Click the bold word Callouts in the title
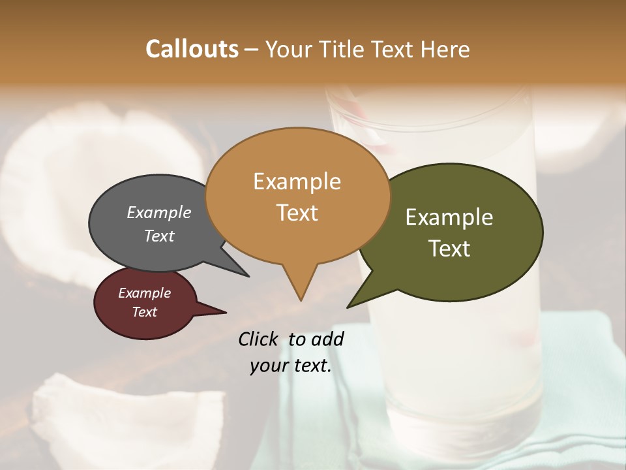[x=192, y=49]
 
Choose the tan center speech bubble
[x=297, y=196]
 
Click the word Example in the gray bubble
[x=159, y=213]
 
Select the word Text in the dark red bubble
[x=145, y=312]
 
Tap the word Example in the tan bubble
[x=297, y=181]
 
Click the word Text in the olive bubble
[x=450, y=249]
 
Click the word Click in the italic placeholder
[x=260, y=339]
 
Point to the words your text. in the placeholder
[x=291, y=366]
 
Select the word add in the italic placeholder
[x=329, y=339]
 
